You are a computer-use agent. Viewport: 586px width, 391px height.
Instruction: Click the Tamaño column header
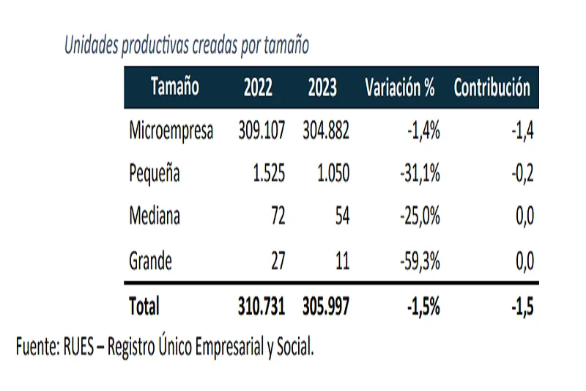pyautogui.click(x=175, y=88)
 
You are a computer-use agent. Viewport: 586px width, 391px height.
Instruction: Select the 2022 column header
pyautogui.click(x=258, y=88)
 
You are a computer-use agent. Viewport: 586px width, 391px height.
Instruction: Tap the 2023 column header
pyautogui.click(x=322, y=88)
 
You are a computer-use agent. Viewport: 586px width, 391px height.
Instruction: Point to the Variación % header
pyautogui.click(x=400, y=88)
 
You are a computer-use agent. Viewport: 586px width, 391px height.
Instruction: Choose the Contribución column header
pyautogui.click(x=492, y=88)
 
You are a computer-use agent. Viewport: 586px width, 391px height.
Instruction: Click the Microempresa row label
pyautogui.click(x=171, y=131)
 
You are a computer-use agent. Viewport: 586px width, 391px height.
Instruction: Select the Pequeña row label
pyautogui.click(x=154, y=174)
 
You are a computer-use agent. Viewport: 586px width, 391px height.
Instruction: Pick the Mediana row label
pyautogui.click(x=155, y=216)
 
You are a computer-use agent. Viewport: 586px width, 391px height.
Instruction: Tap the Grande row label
pyautogui.click(x=150, y=260)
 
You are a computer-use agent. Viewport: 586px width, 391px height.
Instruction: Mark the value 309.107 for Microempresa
pyautogui.click(x=262, y=131)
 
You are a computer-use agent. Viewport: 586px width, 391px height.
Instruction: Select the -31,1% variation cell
pyautogui.click(x=419, y=174)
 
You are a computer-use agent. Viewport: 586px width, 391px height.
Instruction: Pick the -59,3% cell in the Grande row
pyautogui.click(x=419, y=260)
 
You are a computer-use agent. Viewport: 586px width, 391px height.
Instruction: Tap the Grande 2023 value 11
pyautogui.click(x=341, y=260)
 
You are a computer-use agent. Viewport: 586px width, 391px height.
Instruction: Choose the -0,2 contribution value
pyautogui.click(x=522, y=174)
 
